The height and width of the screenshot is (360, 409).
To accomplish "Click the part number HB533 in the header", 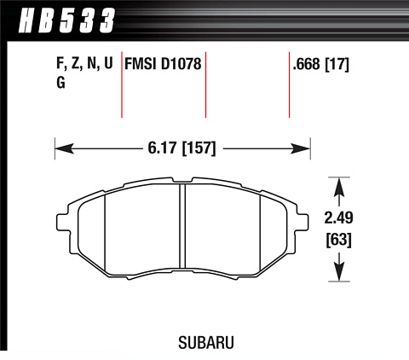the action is point(67,20).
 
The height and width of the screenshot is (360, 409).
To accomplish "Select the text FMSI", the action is point(141,63).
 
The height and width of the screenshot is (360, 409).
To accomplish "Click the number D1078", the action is point(181,63).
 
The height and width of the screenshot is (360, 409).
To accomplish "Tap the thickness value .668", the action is point(306,64).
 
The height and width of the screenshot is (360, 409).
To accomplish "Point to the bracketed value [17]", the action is point(337,64).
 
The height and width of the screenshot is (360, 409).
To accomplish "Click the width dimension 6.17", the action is point(163,148).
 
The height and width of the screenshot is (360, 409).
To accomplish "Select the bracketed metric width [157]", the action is point(199,148).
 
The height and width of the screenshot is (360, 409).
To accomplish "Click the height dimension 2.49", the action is point(338,218).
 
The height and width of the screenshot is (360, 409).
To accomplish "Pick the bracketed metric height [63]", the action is point(338,240).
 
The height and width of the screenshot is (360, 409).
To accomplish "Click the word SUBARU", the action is point(206,342).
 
